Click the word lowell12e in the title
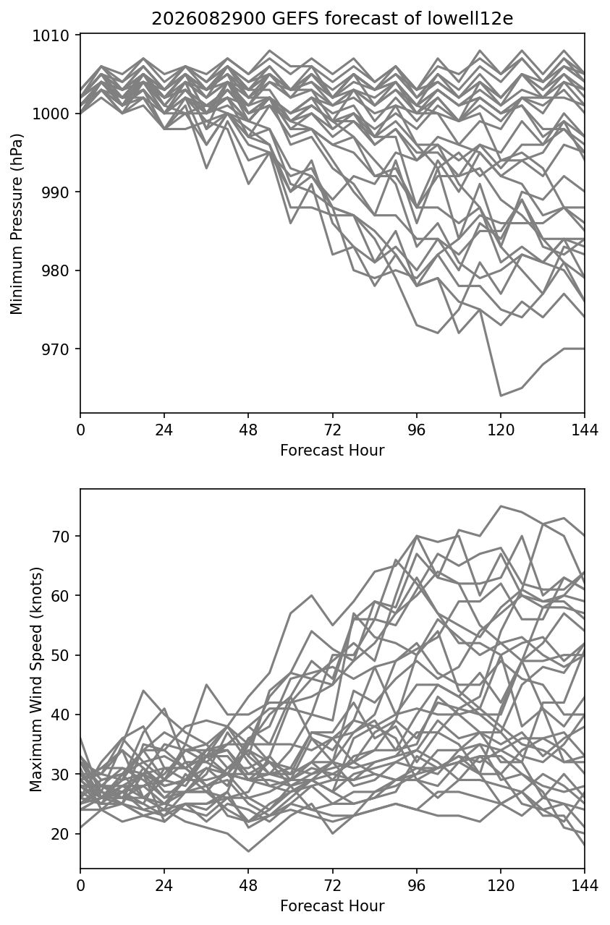(x=470, y=19)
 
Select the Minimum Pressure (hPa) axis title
(x=17, y=223)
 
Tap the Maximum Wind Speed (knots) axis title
(x=36, y=680)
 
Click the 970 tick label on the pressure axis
(x=56, y=349)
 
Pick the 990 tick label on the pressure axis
(x=56, y=192)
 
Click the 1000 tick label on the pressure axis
(x=51, y=114)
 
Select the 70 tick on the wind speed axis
(x=60, y=536)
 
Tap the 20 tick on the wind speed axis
(x=60, y=834)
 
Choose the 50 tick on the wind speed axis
(x=60, y=655)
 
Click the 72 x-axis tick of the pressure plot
(x=333, y=430)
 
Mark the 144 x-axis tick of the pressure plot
(x=585, y=430)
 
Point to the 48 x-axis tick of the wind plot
(x=248, y=885)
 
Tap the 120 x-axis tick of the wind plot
(x=501, y=885)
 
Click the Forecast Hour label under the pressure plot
(x=332, y=451)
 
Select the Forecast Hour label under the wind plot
(x=332, y=906)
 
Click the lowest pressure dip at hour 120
(x=501, y=396)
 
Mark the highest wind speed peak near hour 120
(x=501, y=506)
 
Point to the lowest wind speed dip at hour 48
(x=248, y=851)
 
